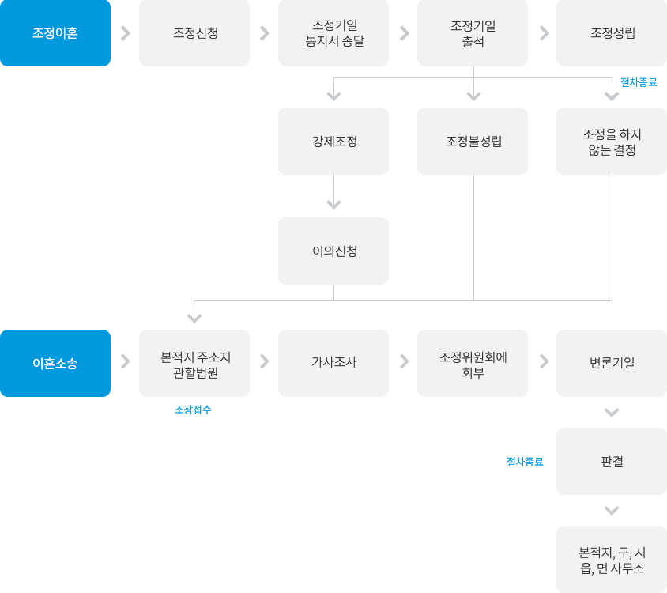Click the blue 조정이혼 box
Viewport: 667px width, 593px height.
click(x=55, y=33)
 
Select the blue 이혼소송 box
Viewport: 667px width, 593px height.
click(x=55, y=363)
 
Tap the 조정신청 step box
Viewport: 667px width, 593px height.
click(x=194, y=33)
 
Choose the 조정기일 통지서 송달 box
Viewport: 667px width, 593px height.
click(x=333, y=33)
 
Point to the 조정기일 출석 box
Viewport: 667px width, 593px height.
click(x=473, y=33)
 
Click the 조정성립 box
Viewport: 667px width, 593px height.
click(x=612, y=33)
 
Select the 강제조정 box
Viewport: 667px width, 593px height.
click(x=333, y=141)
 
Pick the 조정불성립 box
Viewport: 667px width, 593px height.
click(x=473, y=141)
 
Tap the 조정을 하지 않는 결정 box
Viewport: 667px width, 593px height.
click(x=612, y=141)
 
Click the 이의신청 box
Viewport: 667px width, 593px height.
click(x=333, y=251)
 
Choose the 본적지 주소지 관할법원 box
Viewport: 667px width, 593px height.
click(x=194, y=363)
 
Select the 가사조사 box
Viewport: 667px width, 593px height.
click(x=333, y=363)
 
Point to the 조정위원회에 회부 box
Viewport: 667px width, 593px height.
click(x=473, y=363)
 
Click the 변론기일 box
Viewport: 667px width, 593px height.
click(x=612, y=363)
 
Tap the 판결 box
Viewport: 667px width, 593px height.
click(x=612, y=461)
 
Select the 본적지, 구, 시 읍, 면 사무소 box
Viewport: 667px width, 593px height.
click(x=612, y=559)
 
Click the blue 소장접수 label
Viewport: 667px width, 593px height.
click(x=193, y=410)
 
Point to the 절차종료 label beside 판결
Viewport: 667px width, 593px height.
click(x=526, y=462)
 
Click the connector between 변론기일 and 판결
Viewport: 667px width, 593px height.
click(x=612, y=412)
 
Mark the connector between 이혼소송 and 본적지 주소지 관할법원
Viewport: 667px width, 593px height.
click(x=129, y=361)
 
